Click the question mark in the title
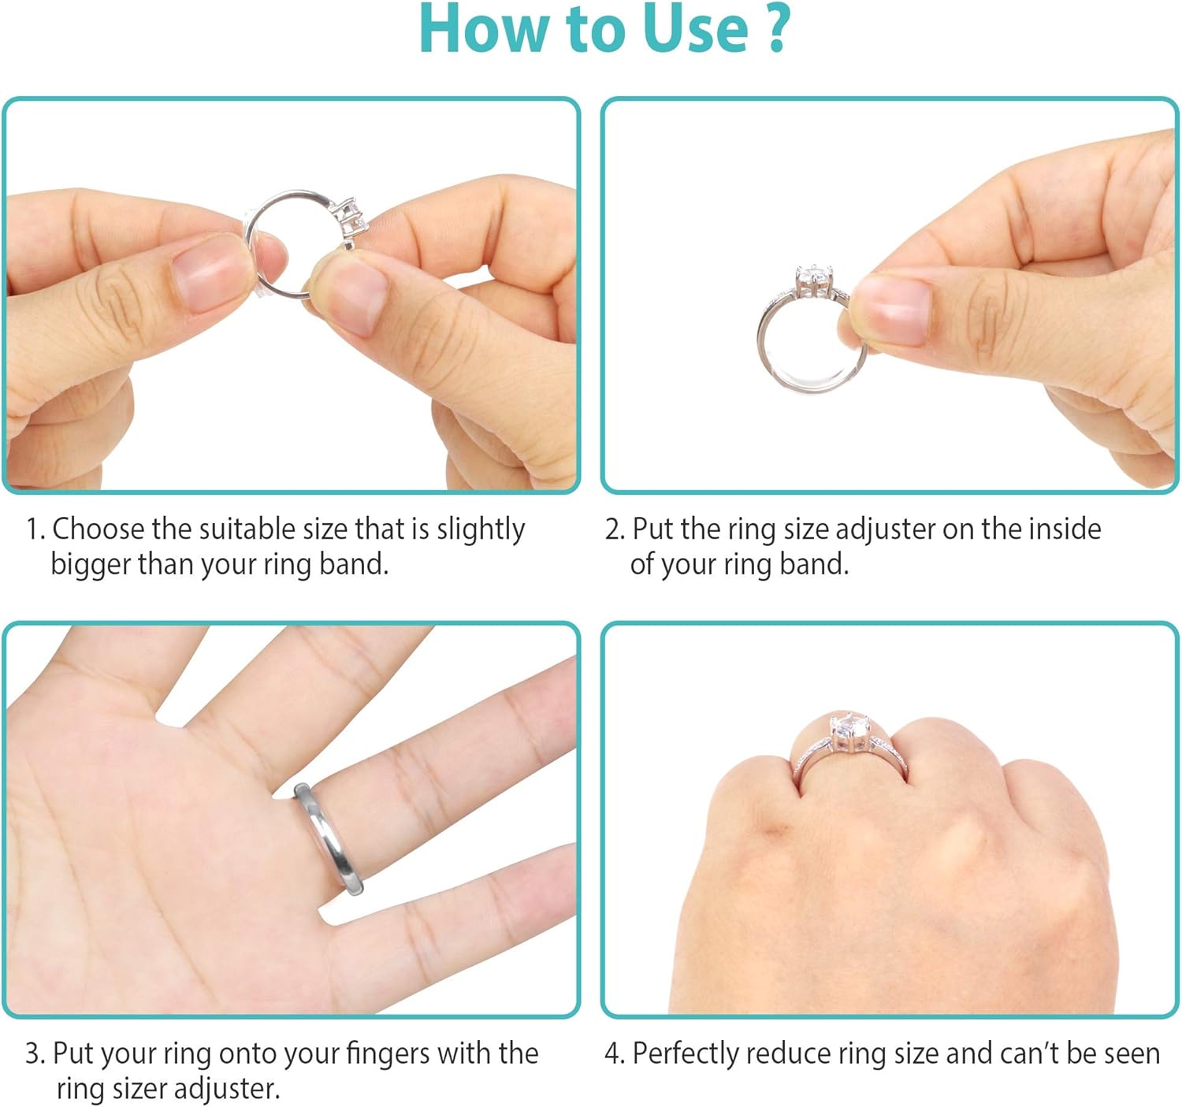click(x=777, y=28)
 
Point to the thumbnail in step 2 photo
click(x=890, y=310)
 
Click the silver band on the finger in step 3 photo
click(x=329, y=838)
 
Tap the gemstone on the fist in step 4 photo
click(x=850, y=730)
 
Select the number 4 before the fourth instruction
click(x=612, y=1054)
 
